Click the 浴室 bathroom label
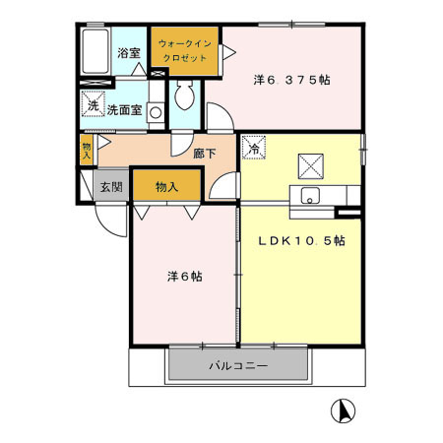coord(128,53)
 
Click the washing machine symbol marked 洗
coord(91,105)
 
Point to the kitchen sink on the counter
coord(311,194)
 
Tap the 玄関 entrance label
coord(110,186)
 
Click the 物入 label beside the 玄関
coord(166,186)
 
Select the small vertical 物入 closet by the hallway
coord(87,150)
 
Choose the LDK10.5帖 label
coord(300,241)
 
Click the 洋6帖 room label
coord(184,277)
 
